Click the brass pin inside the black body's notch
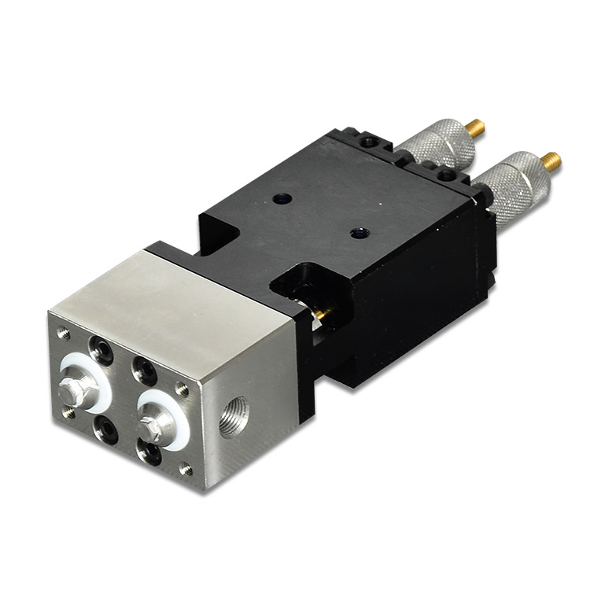click(x=321, y=315)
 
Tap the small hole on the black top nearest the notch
click(x=359, y=232)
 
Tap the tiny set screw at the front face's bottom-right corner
click(x=186, y=470)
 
